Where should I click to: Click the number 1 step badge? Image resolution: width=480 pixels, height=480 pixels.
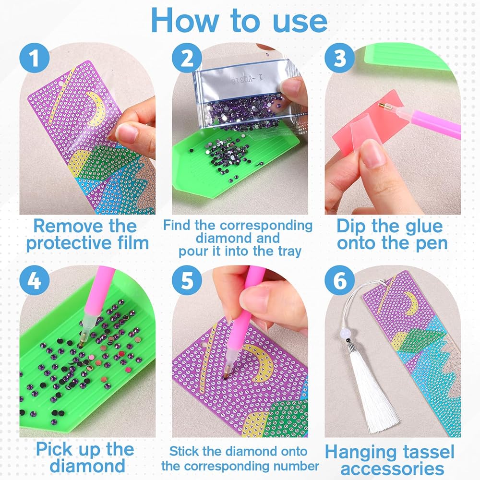34,58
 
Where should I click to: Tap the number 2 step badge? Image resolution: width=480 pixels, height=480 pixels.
187,58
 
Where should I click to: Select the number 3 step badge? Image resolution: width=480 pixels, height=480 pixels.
339,58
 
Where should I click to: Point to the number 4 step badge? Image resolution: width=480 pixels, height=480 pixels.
34,280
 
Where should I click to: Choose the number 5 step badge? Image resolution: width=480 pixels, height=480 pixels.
187,280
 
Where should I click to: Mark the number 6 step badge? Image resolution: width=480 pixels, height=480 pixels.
339,280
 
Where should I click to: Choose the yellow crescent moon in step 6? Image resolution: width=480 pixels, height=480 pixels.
411,303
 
